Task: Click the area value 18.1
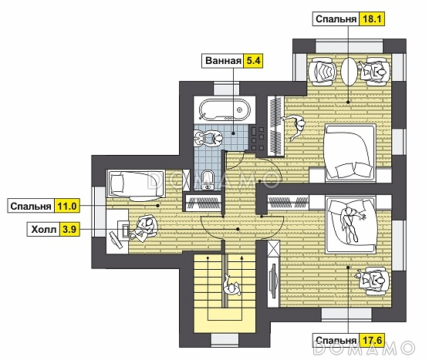pyautogui.click(x=372, y=19)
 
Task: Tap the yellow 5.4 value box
pyautogui.click(x=253, y=60)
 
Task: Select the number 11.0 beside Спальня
pyautogui.click(x=67, y=206)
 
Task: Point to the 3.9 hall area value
pyautogui.click(x=69, y=229)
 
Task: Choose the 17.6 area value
pyautogui.click(x=372, y=340)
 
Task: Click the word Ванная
pyautogui.click(x=223, y=60)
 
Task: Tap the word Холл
pyautogui.click(x=44, y=230)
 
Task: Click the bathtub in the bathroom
pyautogui.click(x=225, y=109)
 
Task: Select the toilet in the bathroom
pyautogui.click(x=208, y=180)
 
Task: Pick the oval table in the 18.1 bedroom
pyautogui.click(x=349, y=71)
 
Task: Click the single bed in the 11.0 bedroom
pyautogui.click(x=136, y=184)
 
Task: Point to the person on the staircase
pyautogui.click(x=231, y=287)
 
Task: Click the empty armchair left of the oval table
pyautogui.click(x=322, y=72)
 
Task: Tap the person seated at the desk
pyautogui.click(x=144, y=229)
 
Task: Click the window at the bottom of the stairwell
pyautogui.click(x=225, y=340)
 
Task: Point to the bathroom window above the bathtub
pyautogui.click(x=226, y=88)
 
